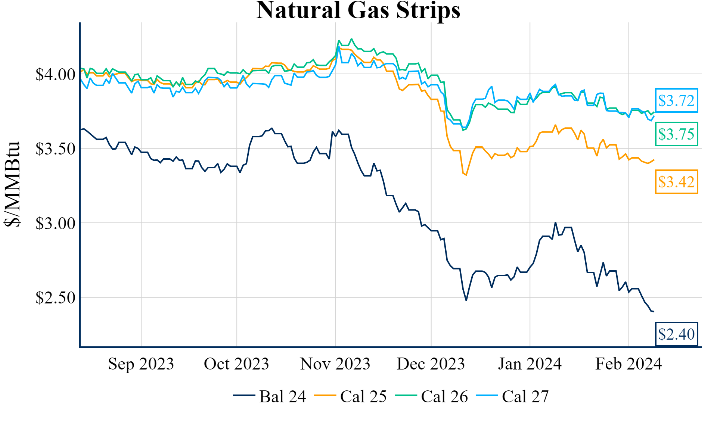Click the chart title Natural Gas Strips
358,10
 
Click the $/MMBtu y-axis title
12,184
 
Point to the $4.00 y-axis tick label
55,75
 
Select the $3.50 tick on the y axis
55,149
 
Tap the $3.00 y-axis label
55,224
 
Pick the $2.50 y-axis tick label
55,298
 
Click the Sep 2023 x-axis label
141,364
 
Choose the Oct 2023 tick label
236,364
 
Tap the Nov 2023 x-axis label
335,364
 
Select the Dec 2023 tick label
431,364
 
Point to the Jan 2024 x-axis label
530,364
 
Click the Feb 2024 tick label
628,364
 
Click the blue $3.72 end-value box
676,100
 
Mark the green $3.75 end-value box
676,134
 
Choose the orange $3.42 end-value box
676,182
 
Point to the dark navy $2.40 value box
676,334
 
